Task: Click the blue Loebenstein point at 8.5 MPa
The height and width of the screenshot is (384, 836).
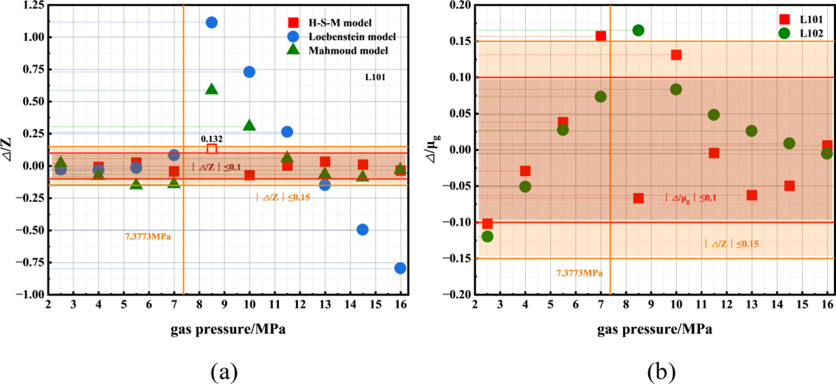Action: coord(211,22)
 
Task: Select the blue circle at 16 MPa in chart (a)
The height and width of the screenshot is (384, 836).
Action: coord(400,268)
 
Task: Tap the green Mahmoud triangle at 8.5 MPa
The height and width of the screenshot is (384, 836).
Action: coord(211,89)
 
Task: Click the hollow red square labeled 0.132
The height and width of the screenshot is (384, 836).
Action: coord(211,149)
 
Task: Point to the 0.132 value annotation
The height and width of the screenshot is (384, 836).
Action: coord(211,139)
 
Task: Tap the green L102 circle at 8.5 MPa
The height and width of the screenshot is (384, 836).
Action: coord(638,30)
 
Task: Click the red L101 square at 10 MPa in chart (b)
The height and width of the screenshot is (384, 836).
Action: coord(676,55)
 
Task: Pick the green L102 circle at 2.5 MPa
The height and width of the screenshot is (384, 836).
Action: coord(487,236)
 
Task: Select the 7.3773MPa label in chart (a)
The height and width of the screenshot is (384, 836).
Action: coord(148,236)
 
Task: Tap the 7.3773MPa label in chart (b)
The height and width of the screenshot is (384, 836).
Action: coord(579,273)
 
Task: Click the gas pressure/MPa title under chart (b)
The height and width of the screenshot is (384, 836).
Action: coord(654,329)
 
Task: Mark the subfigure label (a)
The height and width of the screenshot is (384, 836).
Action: coord(224,372)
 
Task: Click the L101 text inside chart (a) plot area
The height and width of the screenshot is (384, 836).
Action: coord(375,77)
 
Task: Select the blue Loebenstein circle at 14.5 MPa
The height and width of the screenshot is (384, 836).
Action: coord(363,230)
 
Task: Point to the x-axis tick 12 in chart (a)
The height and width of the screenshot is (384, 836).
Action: coord(300,305)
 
